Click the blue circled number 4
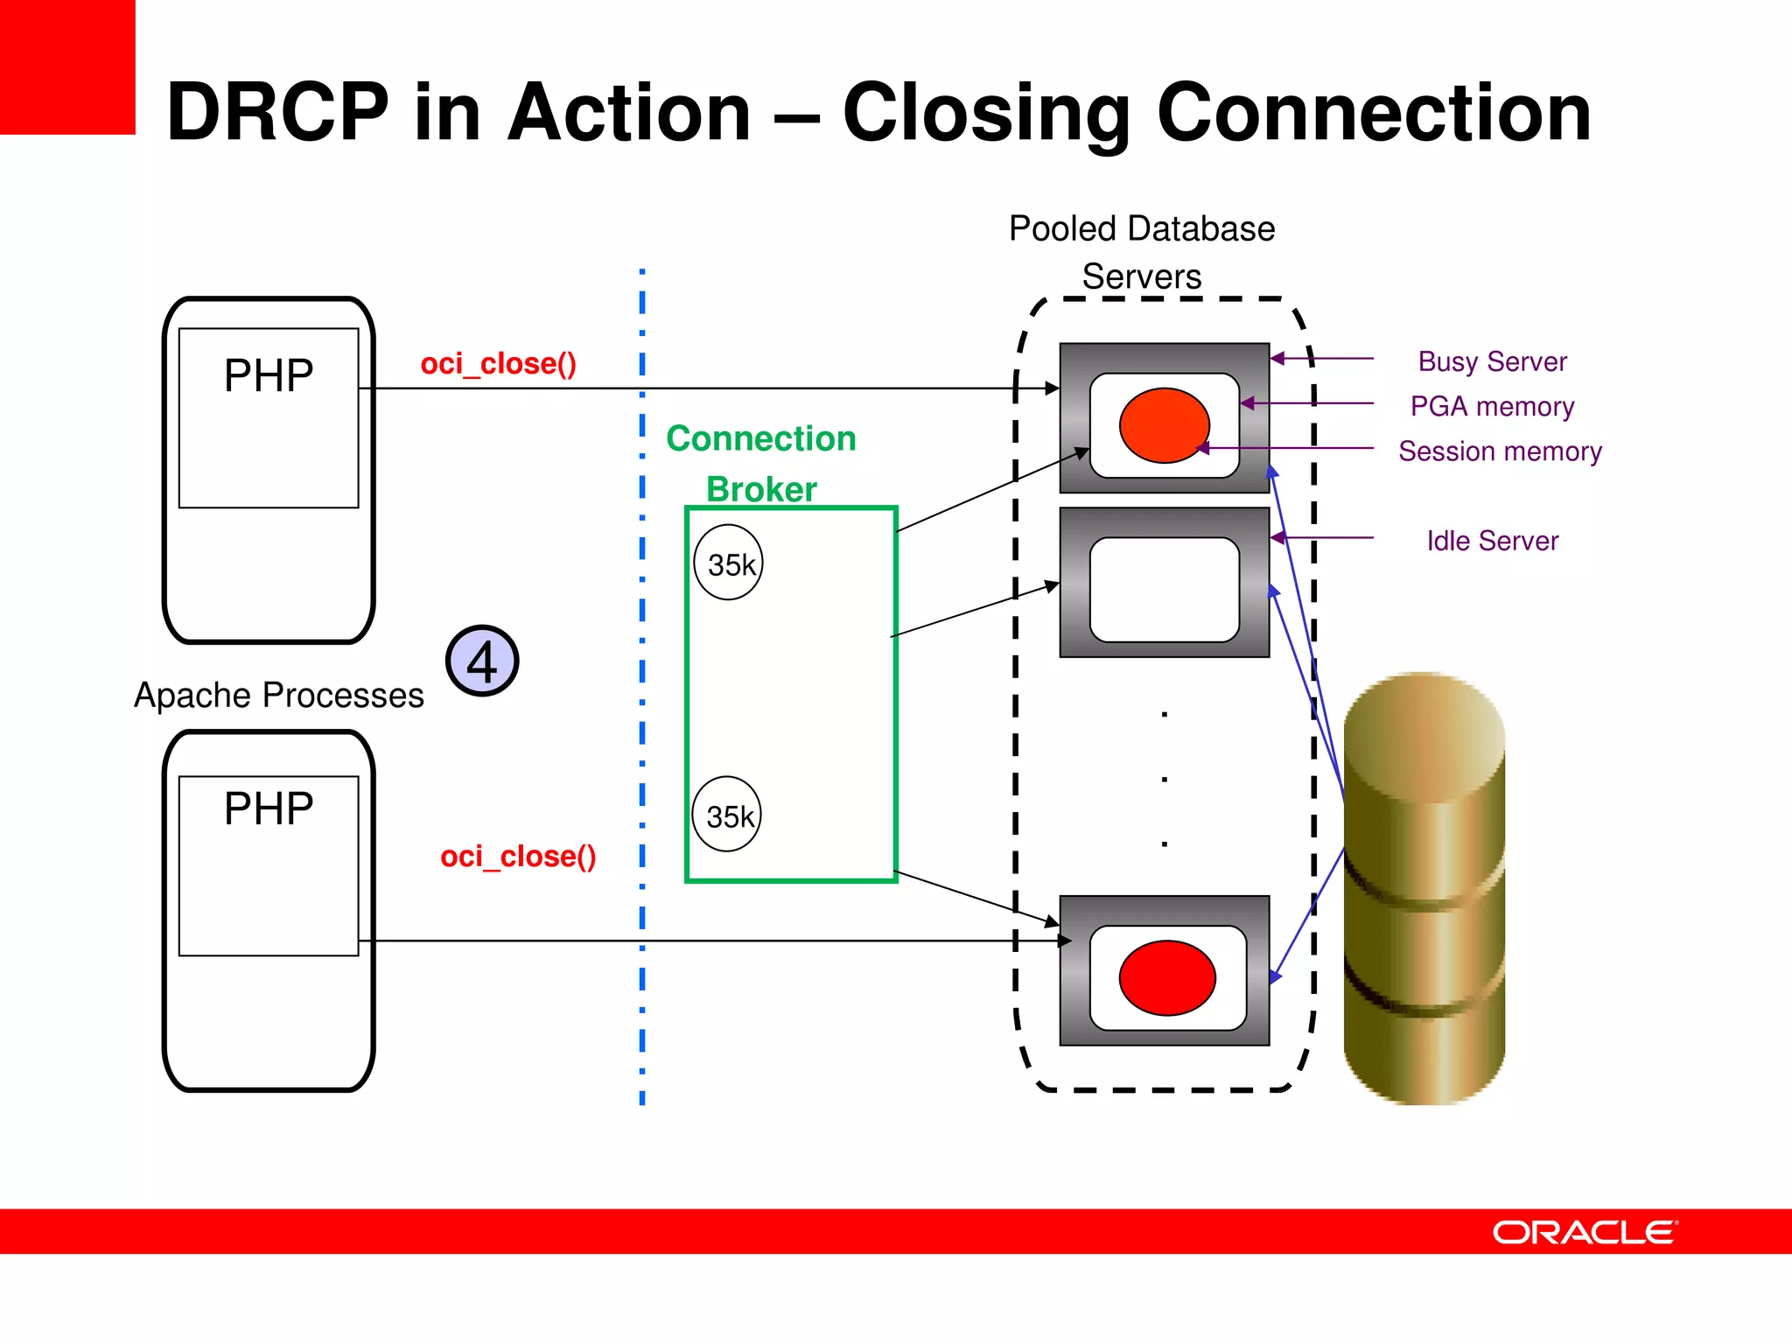pos(482,661)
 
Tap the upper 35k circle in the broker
pos(729,563)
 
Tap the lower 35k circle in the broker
pos(727,815)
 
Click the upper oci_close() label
pos(498,363)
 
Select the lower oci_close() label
pos(518,856)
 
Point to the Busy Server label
pos(1492,361)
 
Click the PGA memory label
pos(1492,406)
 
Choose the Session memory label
pos(1500,451)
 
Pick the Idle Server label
pos(1492,541)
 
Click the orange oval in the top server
pos(1164,425)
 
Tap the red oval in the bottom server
pos(1166,977)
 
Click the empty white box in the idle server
pos(1164,589)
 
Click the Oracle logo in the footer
pos(1585,1232)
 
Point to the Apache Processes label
pos(278,696)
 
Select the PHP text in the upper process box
pos(268,376)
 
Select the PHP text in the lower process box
pos(268,808)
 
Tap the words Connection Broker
pos(761,463)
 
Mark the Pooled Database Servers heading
pos(1141,252)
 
